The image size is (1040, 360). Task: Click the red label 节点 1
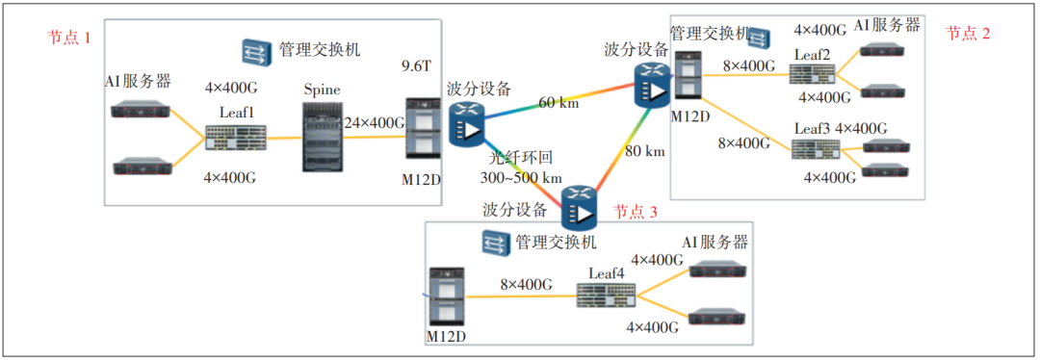point(69,39)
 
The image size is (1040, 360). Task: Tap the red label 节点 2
point(968,34)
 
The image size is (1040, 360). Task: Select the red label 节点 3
point(637,211)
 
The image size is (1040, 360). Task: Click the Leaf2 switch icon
point(814,73)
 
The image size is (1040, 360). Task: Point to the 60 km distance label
point(559,102)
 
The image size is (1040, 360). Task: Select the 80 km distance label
point(644,151)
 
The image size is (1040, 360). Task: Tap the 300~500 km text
point(521,177)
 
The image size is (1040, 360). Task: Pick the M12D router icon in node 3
point(445,298)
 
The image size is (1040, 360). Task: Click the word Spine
point(323,90)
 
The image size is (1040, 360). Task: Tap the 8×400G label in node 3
point(526,285)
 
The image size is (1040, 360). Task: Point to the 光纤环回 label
point(522,158)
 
